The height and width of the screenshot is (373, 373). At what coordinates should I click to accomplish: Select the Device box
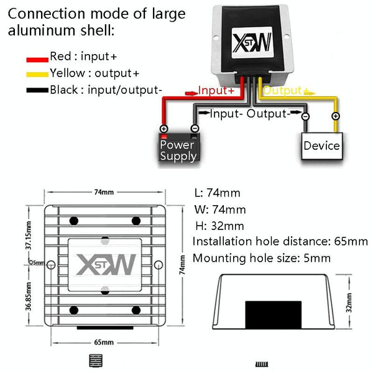pyautogui.click(x=321, y=145)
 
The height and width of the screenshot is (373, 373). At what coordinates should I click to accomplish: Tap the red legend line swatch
pyautogui.click(x=37, y=58)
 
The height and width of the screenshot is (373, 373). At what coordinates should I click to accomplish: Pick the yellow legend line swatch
pyautogui.click(x=37, y=74)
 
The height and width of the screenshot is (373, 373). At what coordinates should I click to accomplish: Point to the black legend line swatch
pyautogui.click(x=37, y=90)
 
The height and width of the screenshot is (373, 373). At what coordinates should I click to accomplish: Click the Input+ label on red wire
pyautogui.click(x=216, y=91)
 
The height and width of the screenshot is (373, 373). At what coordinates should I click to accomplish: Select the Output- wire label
pyautogui.click(x=269, y=114)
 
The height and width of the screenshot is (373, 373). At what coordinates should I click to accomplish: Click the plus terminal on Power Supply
pyautogui.click(x=164, y=129)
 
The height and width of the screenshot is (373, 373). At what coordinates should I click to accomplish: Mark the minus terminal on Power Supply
pyautogui.click(x=194, y=129)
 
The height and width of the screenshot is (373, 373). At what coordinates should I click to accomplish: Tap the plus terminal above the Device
pyautogui.click(x=335, y=116)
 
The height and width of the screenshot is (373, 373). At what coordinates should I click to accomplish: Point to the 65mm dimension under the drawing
pyautogui.click(x=104, y=342)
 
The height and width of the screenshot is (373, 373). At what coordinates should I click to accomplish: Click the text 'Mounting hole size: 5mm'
pyautogui.click(x=262, y=258)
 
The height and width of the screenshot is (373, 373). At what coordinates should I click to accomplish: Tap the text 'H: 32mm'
pyautogui.click(x=219, y=226)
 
